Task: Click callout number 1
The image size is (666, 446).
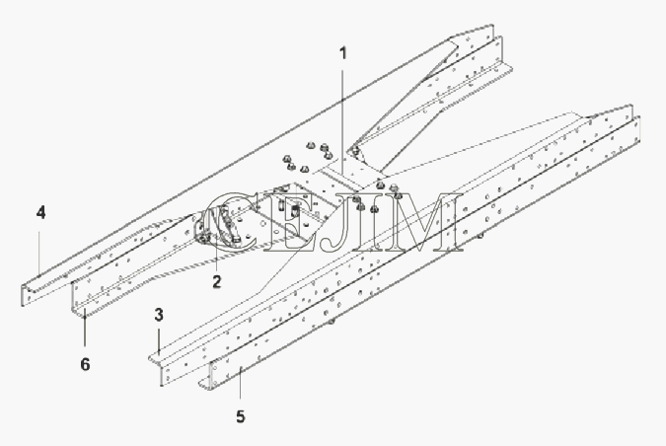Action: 343,53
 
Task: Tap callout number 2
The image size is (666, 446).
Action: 217,281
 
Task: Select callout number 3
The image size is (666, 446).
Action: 159,315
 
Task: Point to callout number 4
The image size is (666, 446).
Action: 40,212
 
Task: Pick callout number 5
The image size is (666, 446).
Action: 241,416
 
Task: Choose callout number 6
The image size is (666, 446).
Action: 86,364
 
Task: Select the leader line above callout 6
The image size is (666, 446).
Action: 85,331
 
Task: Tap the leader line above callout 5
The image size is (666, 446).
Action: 240,382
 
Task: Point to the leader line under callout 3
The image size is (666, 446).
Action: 159,338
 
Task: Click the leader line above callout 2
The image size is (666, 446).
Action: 217,251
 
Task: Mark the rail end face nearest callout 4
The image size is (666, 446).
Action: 27,294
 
